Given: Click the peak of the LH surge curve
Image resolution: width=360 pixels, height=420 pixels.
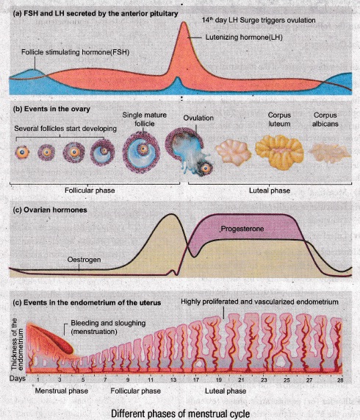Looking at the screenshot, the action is coord(184,22).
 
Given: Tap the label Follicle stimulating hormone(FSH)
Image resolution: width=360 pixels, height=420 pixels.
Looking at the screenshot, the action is coord(75,52).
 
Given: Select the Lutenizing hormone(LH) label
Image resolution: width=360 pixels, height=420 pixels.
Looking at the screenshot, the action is coord(244,38).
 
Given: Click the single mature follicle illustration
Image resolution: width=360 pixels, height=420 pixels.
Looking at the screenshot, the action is coord(142,152).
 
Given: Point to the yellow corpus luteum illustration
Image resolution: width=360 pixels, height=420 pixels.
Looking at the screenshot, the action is coord(279,152).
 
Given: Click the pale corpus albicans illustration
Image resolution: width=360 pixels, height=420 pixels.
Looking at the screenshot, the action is coord(329,153).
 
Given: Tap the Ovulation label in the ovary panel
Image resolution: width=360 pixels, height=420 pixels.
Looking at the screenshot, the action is coord(198,118).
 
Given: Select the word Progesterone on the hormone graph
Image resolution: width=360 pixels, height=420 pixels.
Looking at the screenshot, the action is coord(242,229).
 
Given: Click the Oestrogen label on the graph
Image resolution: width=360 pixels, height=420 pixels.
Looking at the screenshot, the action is coord(84,260).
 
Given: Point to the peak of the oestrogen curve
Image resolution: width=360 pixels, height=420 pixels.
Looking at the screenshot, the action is coord(172,214).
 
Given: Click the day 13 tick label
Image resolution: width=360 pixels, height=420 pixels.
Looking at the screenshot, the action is coord(173,380).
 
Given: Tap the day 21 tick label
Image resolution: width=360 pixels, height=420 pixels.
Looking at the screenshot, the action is coord(241,380).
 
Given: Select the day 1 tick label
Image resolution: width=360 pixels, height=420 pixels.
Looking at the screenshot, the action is coord(38,380).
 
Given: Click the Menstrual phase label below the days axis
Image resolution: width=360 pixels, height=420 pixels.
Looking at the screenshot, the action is coord(62,391).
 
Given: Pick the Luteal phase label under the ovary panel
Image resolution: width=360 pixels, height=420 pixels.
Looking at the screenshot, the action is coord(270,191).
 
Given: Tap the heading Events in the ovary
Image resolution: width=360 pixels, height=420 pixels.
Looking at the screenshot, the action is coord(51,109).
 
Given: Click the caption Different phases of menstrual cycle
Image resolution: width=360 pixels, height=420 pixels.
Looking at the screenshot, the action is coord(181,413).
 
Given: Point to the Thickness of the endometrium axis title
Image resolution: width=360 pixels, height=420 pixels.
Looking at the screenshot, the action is coord(18,344).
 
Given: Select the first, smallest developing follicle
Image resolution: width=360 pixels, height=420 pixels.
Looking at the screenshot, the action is coord(22,152).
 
